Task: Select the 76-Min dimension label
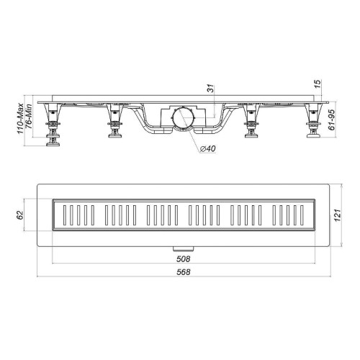click(29, 116)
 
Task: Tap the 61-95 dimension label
click(331, 120)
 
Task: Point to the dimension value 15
click(318, 84)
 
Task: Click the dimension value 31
click(210, 89)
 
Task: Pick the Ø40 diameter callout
click(207, 149)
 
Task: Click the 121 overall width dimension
click(337, 215)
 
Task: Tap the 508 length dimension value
click(184, 259)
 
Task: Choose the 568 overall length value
click(184, 272)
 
